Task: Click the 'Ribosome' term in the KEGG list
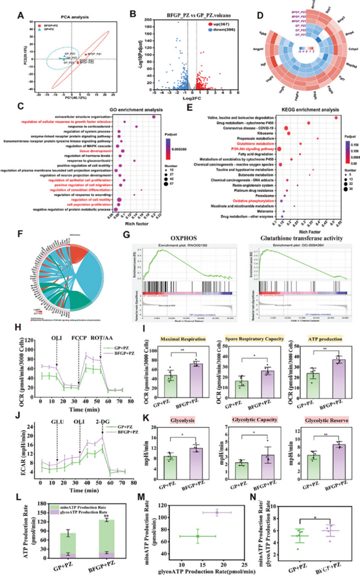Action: click(263, 133)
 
